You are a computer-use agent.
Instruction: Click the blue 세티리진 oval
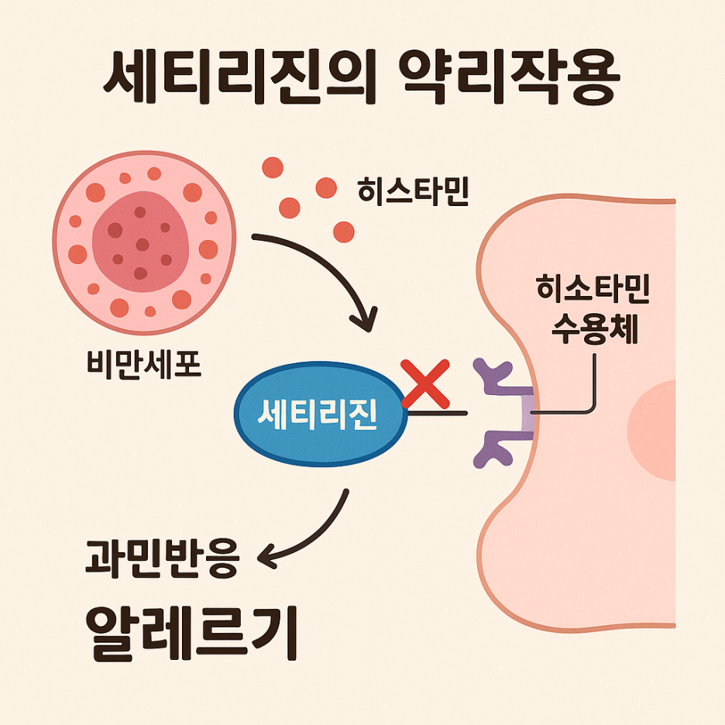[320, 414]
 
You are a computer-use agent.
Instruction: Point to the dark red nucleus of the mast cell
[140, 242]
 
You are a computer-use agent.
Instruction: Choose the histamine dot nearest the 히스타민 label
[326, 187]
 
